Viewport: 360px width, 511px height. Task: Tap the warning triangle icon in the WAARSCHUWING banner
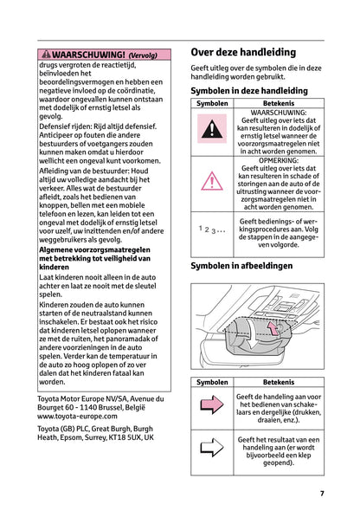point(46,54)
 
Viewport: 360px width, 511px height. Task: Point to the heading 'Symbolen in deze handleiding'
point(248,90)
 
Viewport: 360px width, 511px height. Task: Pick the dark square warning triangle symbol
point(212,133)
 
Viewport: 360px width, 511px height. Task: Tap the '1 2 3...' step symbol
point(212,230)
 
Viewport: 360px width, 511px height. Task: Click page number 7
point(321,494)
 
